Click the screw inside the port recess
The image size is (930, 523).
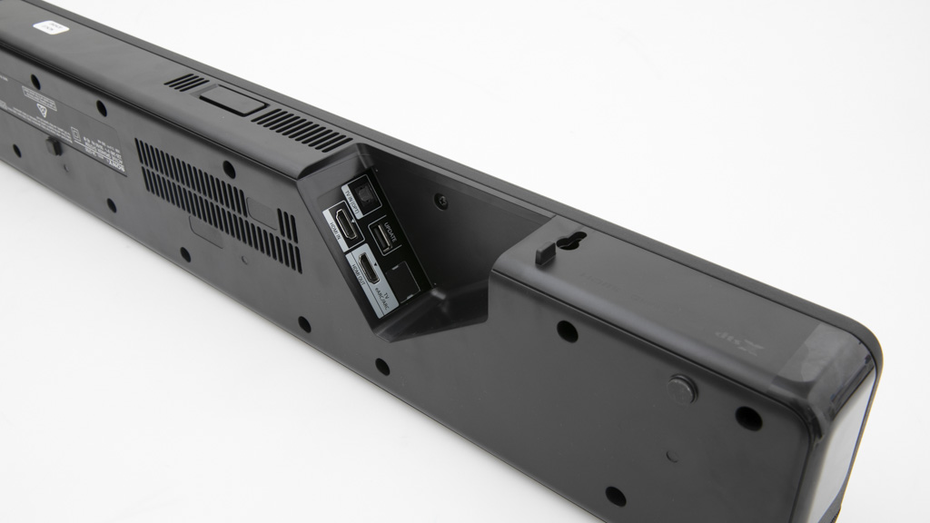[x=441, y=202]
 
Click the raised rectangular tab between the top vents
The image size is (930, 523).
[x=232, y=98]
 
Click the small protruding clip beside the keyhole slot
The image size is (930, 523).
[x=546, y=252]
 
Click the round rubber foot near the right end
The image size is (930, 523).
[x=682, y=388]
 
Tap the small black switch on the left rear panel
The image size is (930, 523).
[x=54, y=145]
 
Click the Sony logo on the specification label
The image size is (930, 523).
[x=117, y=163]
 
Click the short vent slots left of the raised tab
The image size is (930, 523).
[x=185, y=83]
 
